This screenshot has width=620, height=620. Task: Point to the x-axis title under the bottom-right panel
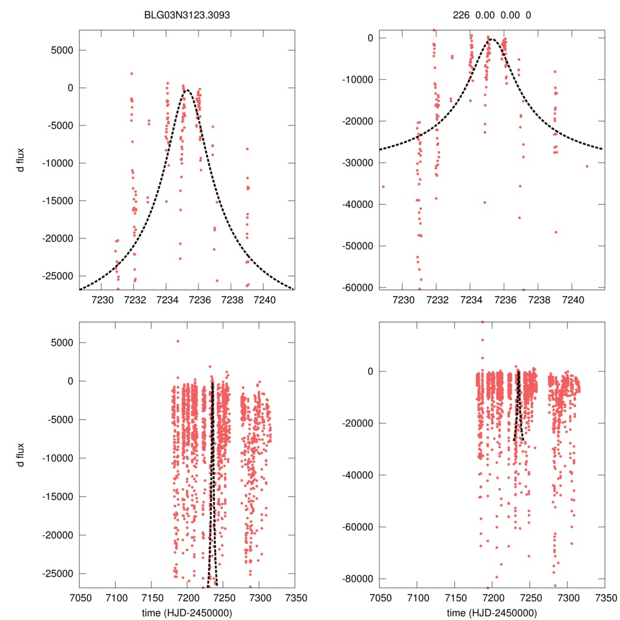pos(491,613)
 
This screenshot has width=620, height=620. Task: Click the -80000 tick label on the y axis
pos(357,579)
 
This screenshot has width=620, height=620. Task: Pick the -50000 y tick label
pos(357,246)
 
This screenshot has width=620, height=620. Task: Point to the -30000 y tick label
pos(357,163)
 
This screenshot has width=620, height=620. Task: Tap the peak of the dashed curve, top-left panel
pos(187,91)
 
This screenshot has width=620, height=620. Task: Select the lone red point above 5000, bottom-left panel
pos(178,341)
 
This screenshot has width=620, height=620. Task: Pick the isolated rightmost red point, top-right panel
pos(587,166)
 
